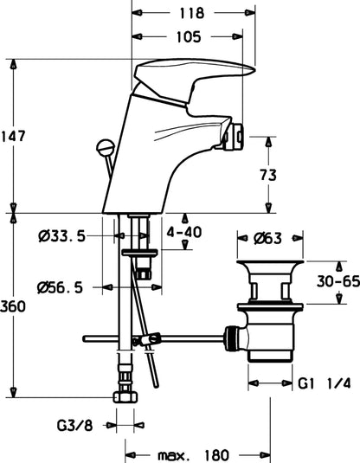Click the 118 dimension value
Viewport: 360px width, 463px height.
pyautogui.click(x=191, y=13)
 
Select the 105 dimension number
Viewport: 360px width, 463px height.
pyautogui.click(x=189, y=37)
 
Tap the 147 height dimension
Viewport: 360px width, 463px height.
pyautogui.click(x=14, y=137)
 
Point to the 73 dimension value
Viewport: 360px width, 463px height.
pyautogui.click(x=268, y=175)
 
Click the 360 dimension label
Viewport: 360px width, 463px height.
pyautogui.click(x=13, y=306)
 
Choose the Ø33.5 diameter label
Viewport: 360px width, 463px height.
pyautogui.click(x=61, y=236)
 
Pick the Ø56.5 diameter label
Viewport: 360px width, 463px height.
pyautogui.click(x=61, y=287)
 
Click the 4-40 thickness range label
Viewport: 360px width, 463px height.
pyautogui.click(x=184, y=232)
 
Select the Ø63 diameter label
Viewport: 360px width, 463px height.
pyautogui.click(x=268, y=238)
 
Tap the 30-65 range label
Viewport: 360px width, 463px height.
pyautogui.click(x=338, y=281)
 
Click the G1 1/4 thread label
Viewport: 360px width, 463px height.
pyautogui.click(x=325, y=383)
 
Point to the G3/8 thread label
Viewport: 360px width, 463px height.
pyautogui.click(x=74, y=426)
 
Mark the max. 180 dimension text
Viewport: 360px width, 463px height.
pyautogui.click(x=194, y=455)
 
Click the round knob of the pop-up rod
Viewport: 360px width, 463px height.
pyautogui.click(x=106, y=147)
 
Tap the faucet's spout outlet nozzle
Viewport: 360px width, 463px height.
pyautogui.click(x=234, y=137)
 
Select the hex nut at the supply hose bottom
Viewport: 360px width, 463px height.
pyautogui.click(x=125, y=397)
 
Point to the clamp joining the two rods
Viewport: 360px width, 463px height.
pyautogui.click(x=147, y=339)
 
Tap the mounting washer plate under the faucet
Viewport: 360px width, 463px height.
pyautogui.click(x=140, y=253)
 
